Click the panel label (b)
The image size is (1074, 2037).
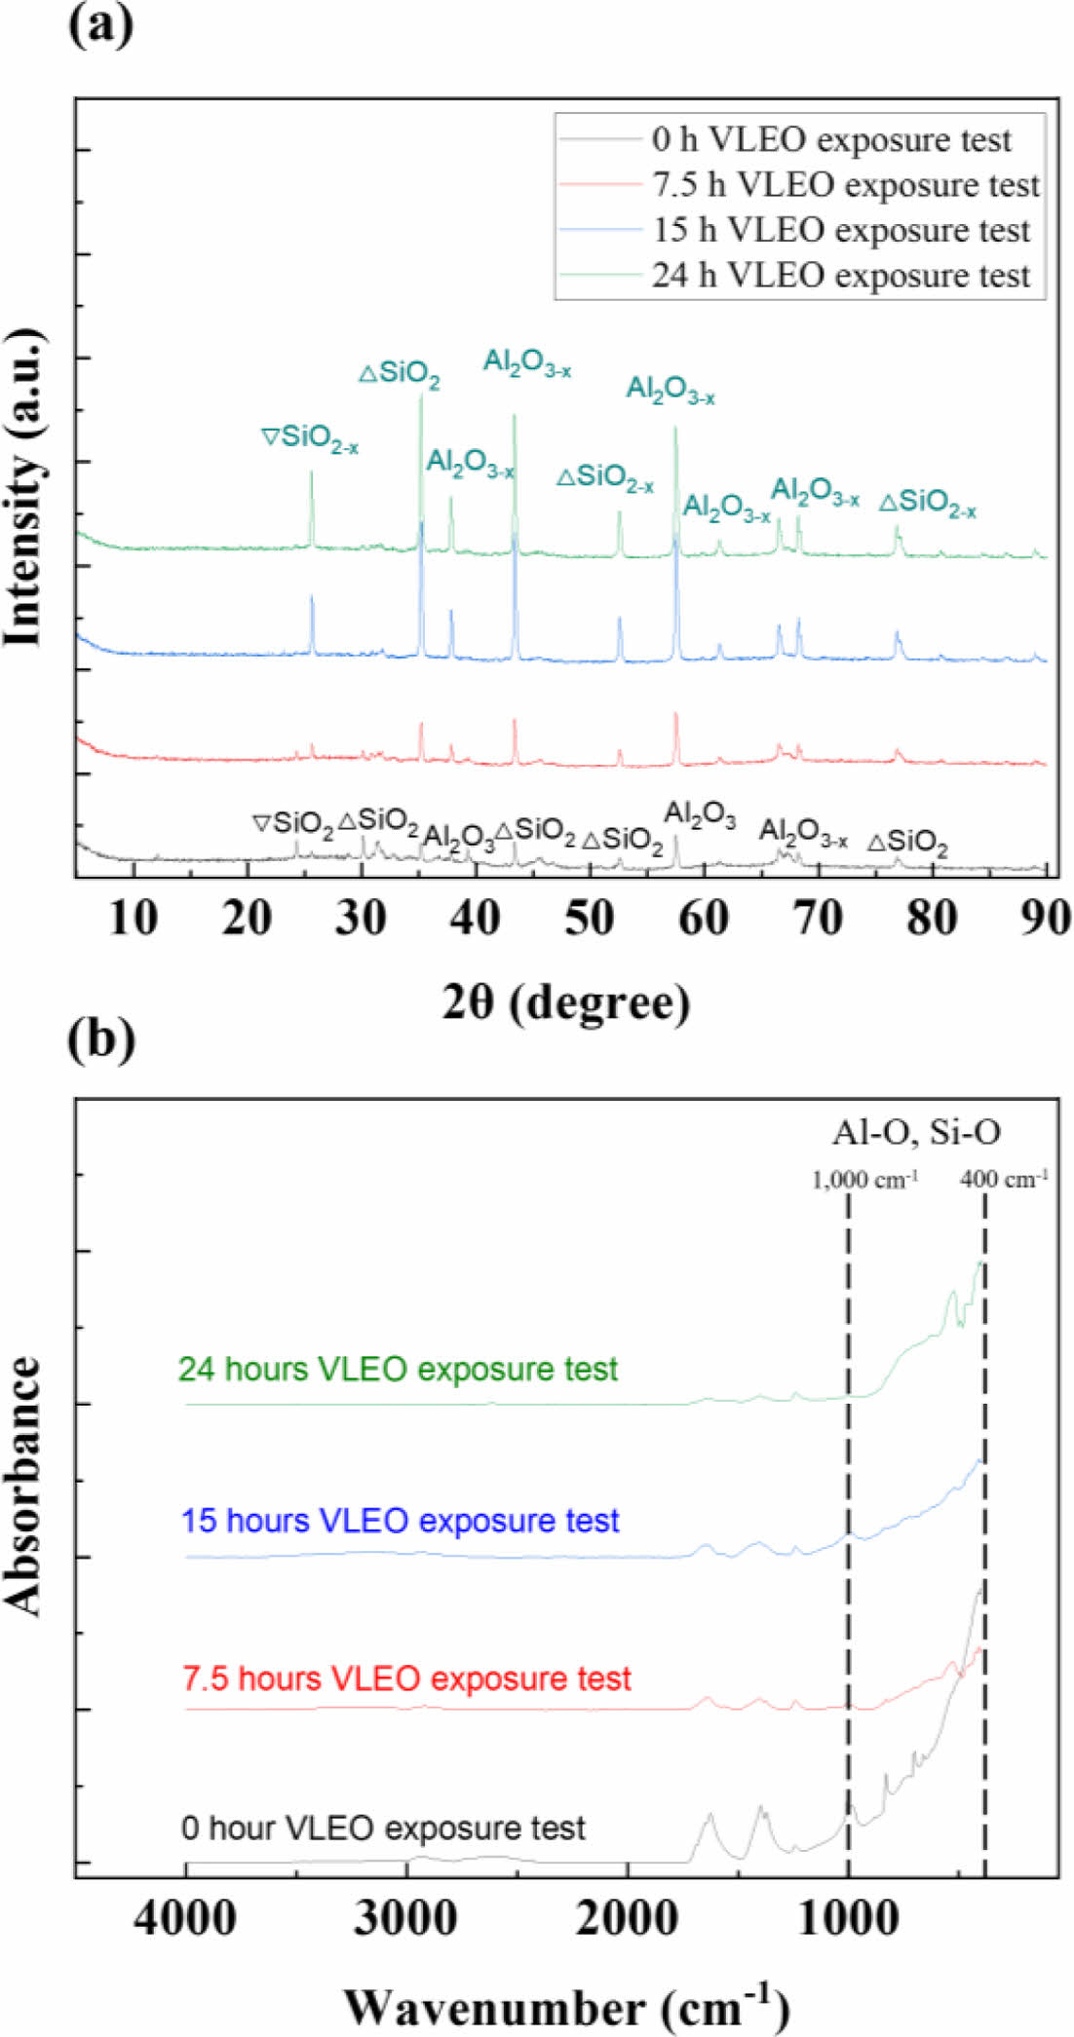click(x=101, y=1039)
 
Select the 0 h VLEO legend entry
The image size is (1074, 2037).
click(x=831, y=139)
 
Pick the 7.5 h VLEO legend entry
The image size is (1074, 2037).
click(x=845, y=184)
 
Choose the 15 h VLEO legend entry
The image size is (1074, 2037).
click(x=841, y=230)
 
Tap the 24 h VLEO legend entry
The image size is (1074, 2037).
click(x=841, y=275)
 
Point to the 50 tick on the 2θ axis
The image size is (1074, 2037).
click(x=589, y=917)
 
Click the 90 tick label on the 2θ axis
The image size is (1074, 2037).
click(x=1045, y=917)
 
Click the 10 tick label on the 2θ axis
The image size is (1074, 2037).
click(x=134, y=917)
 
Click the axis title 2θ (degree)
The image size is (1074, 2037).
click(x=565, y=1001)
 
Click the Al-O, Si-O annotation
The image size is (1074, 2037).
click(x=915, y=1131)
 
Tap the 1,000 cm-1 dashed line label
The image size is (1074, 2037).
click(x=864, y=1180)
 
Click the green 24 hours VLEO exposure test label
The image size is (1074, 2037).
click(x=398, y=1369)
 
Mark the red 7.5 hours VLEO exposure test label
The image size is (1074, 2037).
click(x=406, y=1679)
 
